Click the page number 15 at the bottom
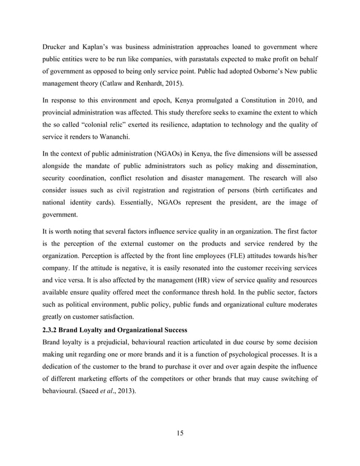[x=179, y=433]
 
